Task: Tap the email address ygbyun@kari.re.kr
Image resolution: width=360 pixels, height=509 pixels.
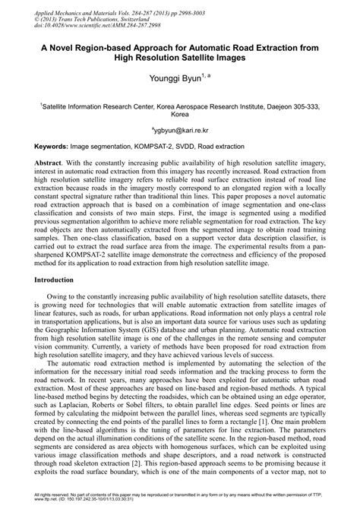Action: point(180,130)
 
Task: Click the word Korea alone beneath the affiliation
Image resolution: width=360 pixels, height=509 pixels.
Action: point(180,118)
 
